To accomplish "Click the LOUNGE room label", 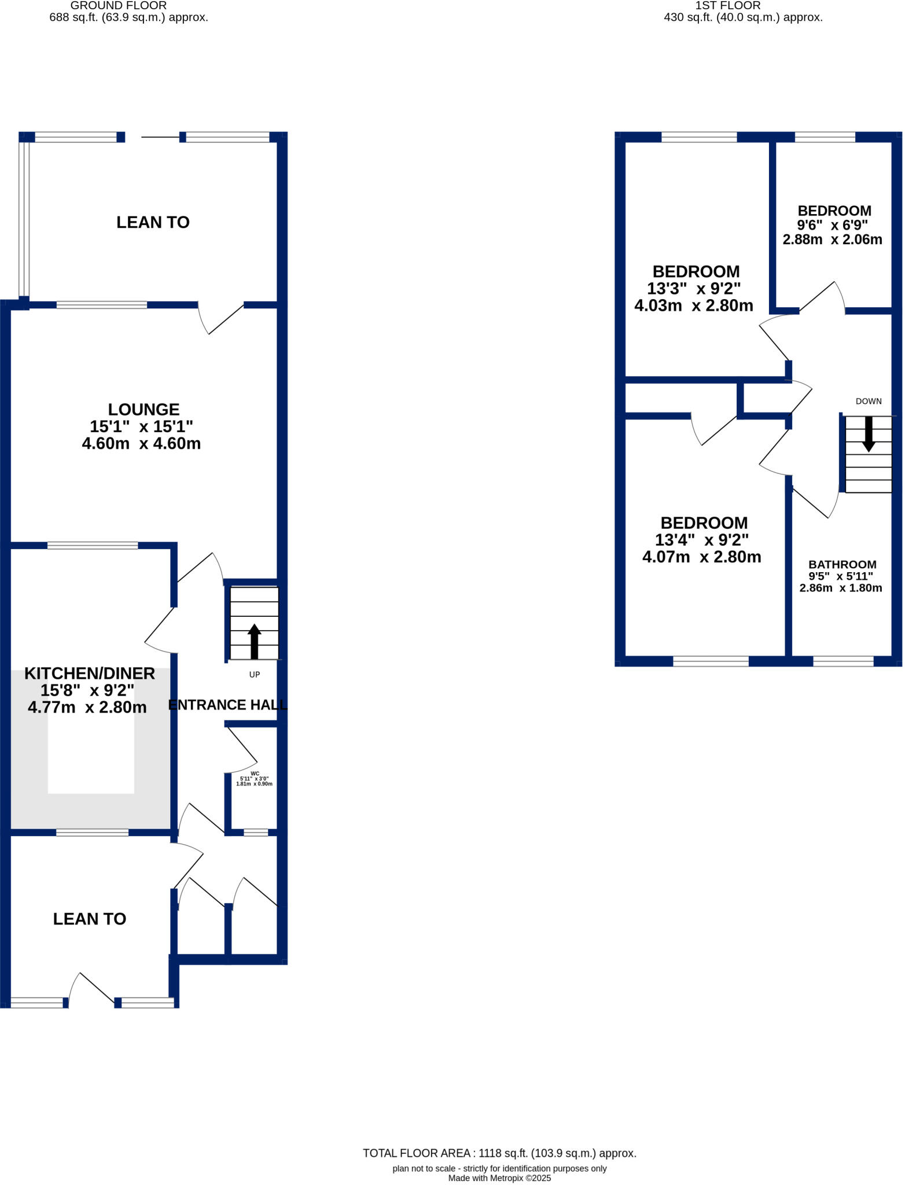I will (144, 410).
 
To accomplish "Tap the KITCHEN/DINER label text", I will (90, 674).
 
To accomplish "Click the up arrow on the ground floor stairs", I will (255, 641).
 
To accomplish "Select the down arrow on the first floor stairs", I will (869, 435).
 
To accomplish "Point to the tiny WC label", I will (255, 774).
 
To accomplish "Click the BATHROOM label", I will (842, 564).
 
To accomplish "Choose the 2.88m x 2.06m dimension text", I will (832, 240).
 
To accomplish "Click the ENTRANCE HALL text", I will (227, 705).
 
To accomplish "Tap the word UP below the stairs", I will (255, 675).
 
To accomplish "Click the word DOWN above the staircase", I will (869, 401).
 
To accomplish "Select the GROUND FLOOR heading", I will (119, 6).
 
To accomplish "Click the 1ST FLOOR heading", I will (727, 6).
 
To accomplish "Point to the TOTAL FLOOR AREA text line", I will (499, 1153).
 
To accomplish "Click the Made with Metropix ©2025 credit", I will (499, 1178).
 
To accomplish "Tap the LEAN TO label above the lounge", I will (153, 223).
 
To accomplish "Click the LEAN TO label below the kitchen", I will (90, 919).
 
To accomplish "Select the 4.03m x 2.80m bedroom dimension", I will (694, 306).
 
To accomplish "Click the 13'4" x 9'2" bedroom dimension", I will (701, 540).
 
